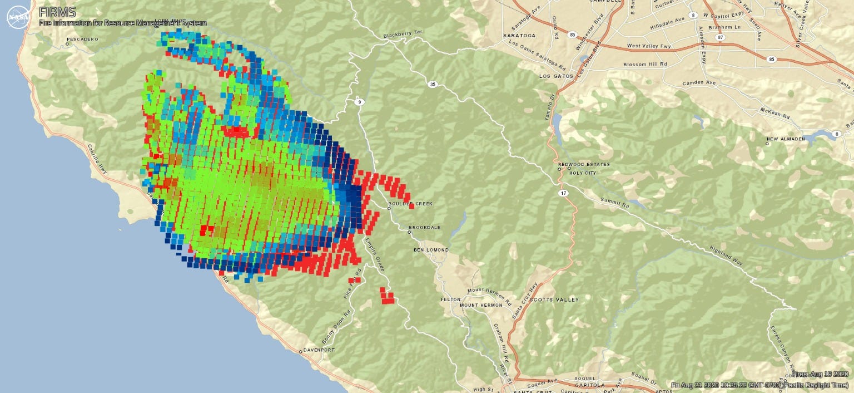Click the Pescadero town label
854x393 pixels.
[82, 40]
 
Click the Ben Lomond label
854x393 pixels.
[431, 250]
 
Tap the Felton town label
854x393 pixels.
[450, 299]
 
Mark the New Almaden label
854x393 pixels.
[786, 139]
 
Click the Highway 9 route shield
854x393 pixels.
[359, 101]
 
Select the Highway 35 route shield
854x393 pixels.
[432, 85]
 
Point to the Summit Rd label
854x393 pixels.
[614, 203]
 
